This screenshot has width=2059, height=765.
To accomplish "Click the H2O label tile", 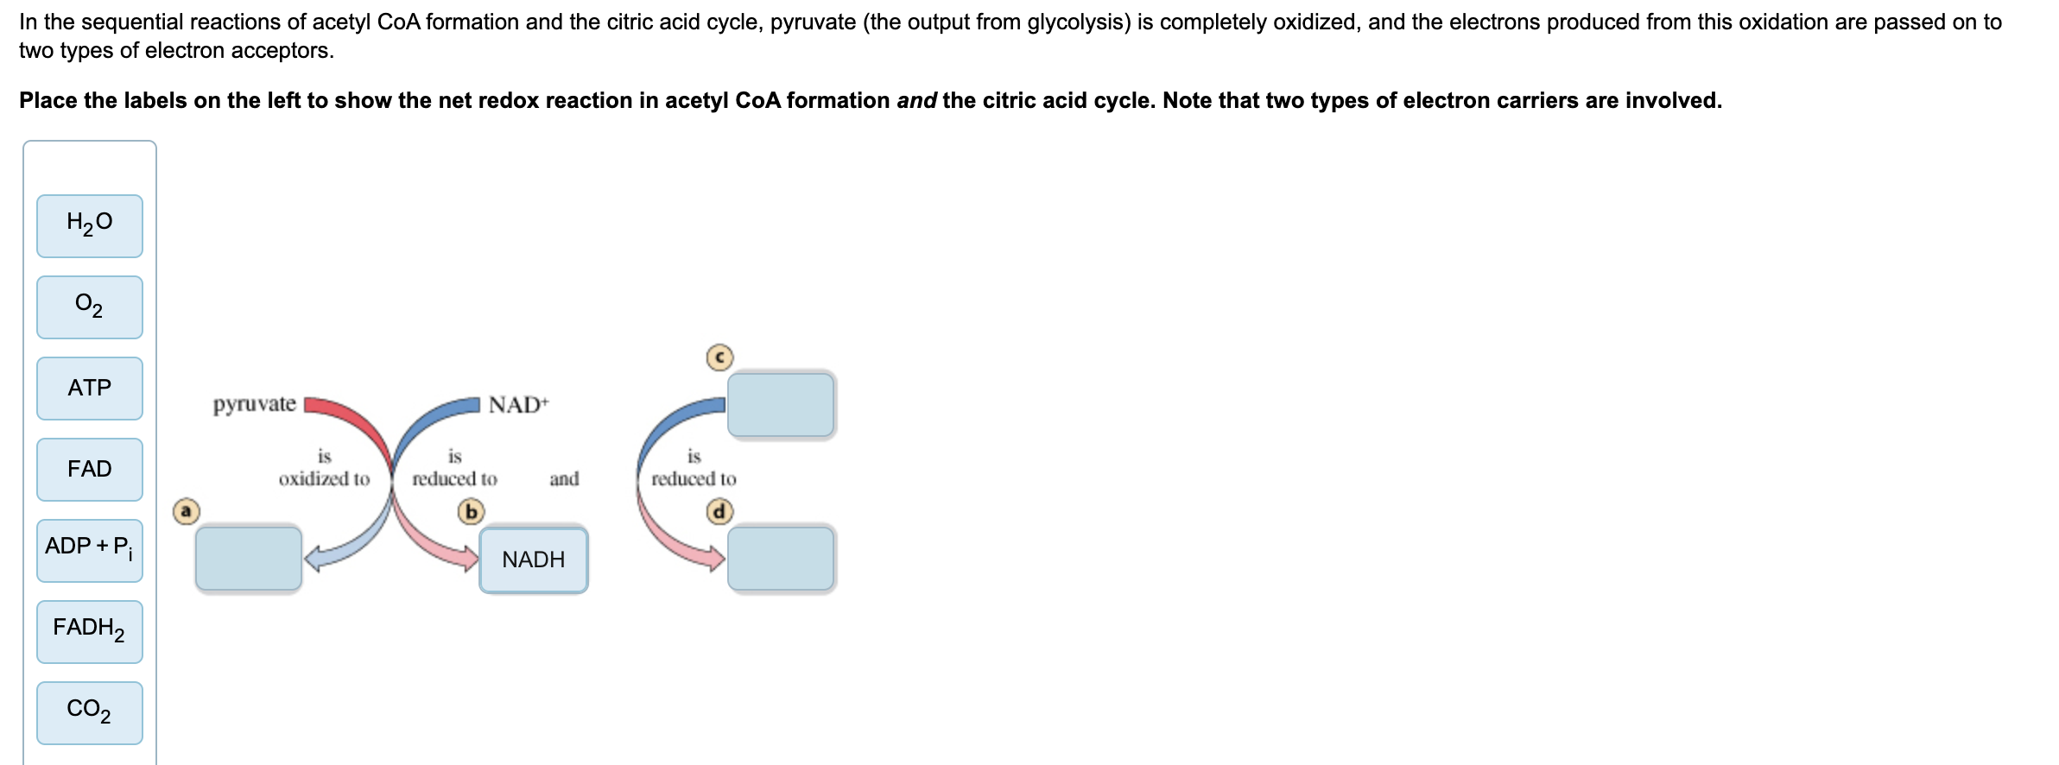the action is pyautogui.click(x=90, y=226).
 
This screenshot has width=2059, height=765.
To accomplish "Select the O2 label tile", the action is pyautogui.click(x=90, y=307).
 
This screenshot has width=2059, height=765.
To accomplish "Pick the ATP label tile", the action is pyautogui.click(x=90, y=389).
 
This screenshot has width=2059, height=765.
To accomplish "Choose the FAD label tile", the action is pyautogui.click(x=90, y=470).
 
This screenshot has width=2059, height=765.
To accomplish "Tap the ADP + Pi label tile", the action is pyautogui.click(x=90, y=550).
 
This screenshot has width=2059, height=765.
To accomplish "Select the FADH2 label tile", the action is pyautogui.click(x=90, y=631).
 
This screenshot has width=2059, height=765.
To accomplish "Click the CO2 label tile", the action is pyautogui.click(x=90, y=712).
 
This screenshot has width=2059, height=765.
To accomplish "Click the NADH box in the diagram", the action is pyautogui.click(x=534, y=560).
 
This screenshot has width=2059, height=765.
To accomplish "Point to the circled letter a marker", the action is pyautogui.click(x=186, y=511).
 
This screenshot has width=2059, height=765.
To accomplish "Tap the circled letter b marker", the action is pyautogui.click(x=471, y=512).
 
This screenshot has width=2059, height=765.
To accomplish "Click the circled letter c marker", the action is pyautogui.click(x=719, y=357).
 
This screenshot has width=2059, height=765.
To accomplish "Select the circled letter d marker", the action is pyautogui.click(x=719, y=512).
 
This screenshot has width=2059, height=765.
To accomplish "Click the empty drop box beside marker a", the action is pyautogui.click(x=249, y=559).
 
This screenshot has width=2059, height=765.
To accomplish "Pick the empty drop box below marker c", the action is pyautogui.click(x=781, y=405).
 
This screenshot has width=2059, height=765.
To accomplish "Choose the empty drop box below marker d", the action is pyautogui.click(x=781, y=559).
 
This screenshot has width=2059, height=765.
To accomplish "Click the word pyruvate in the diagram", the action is pyautogui.click(x=255, y=404).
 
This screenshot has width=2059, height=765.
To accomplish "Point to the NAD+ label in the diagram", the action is pyautogui.click(x=518, y=404).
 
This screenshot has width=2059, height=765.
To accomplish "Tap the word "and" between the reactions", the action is pyautogui.click(x=564, y=478).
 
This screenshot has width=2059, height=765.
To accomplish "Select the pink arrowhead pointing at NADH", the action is pyautogui.click(x=470, y=558).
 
